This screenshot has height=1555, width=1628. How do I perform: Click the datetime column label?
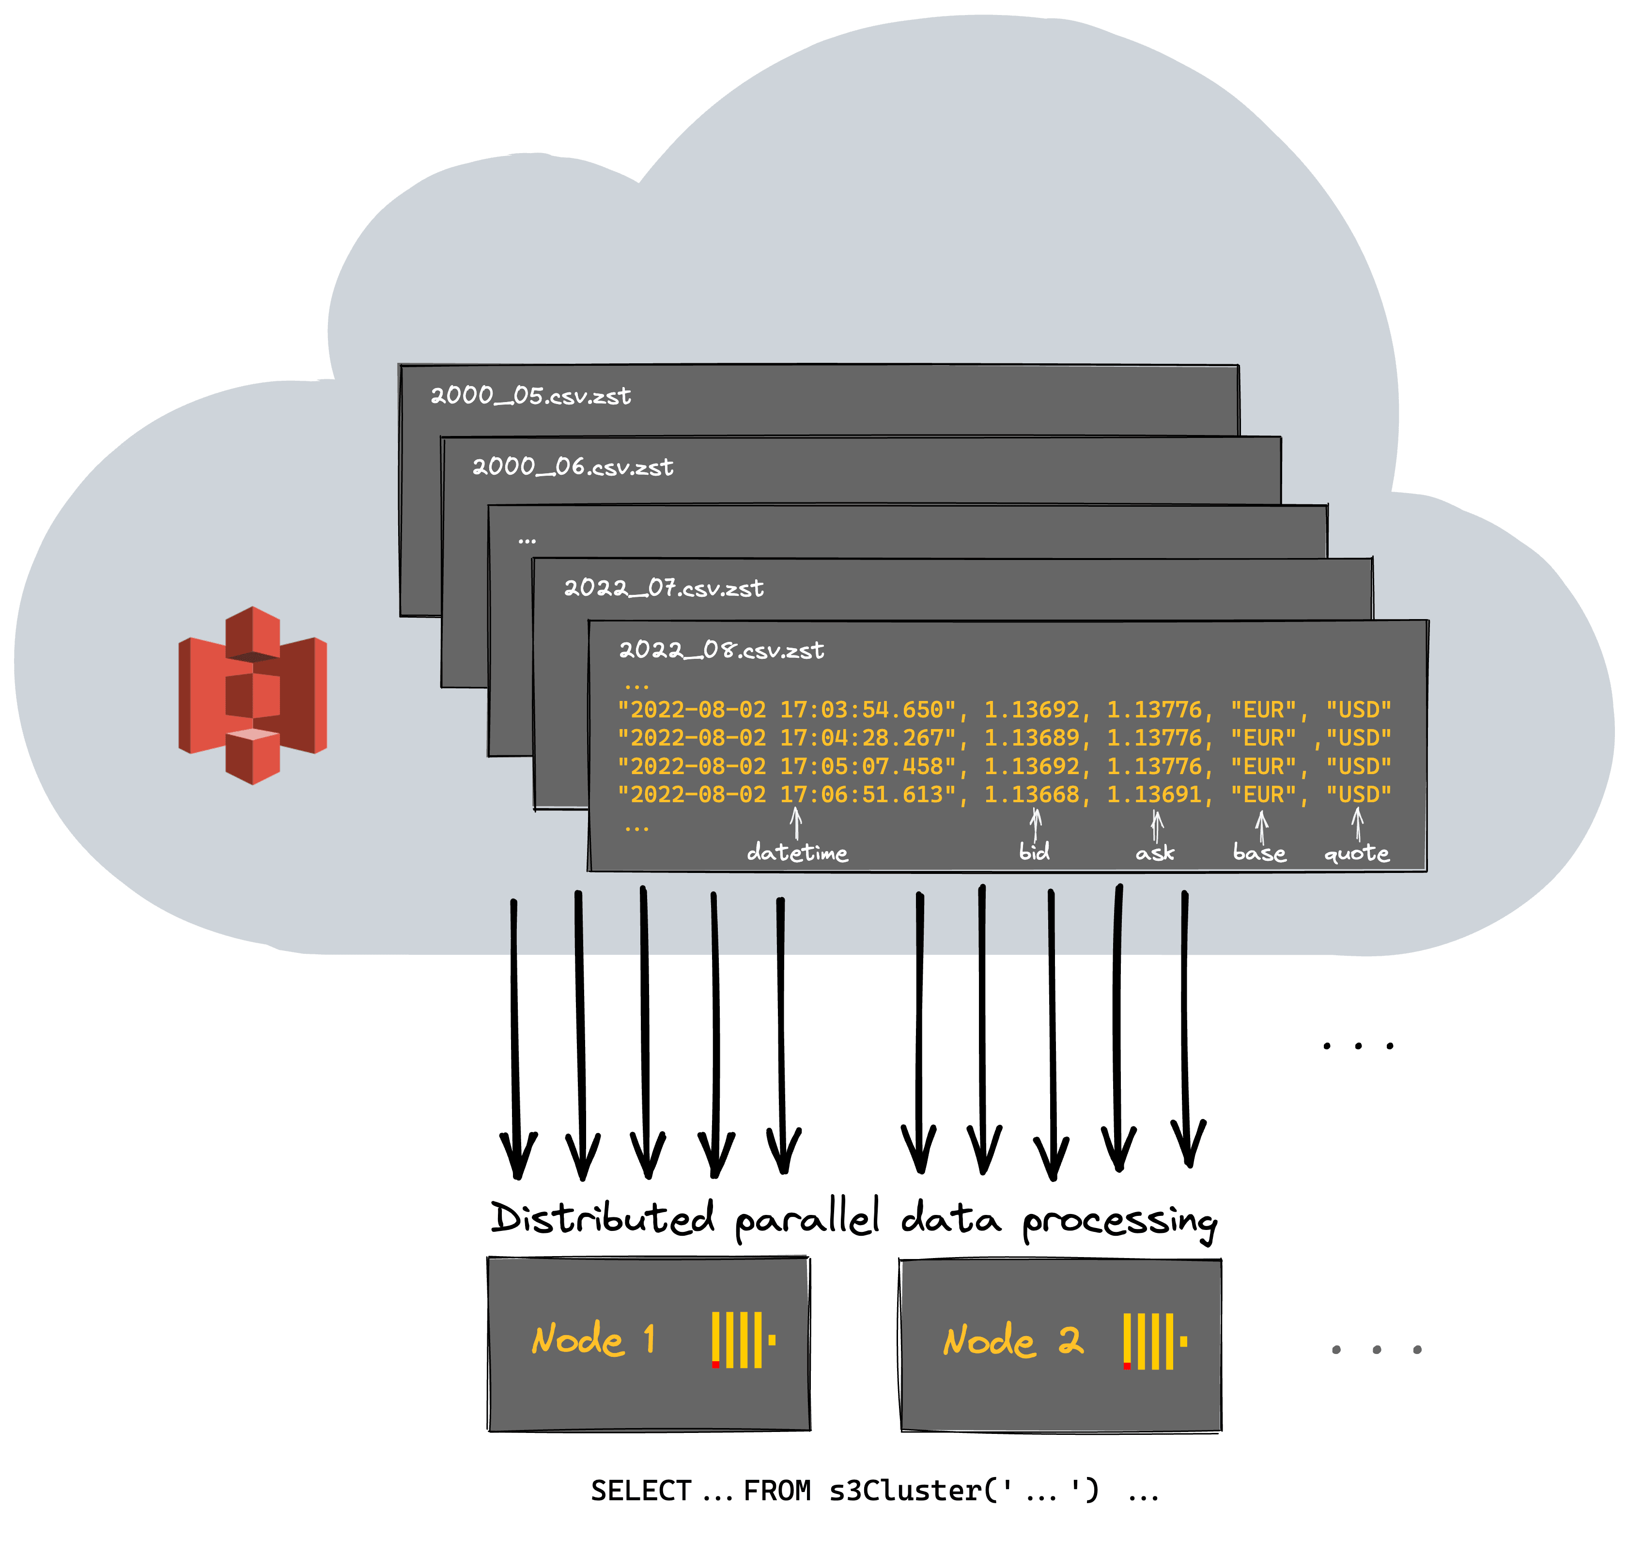tap(797, 852)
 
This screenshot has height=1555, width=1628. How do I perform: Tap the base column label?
tap(1259, 852)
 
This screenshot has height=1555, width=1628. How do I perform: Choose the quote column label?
tap(1356, 852)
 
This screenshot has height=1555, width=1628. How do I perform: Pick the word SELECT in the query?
tap(641, 1491)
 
